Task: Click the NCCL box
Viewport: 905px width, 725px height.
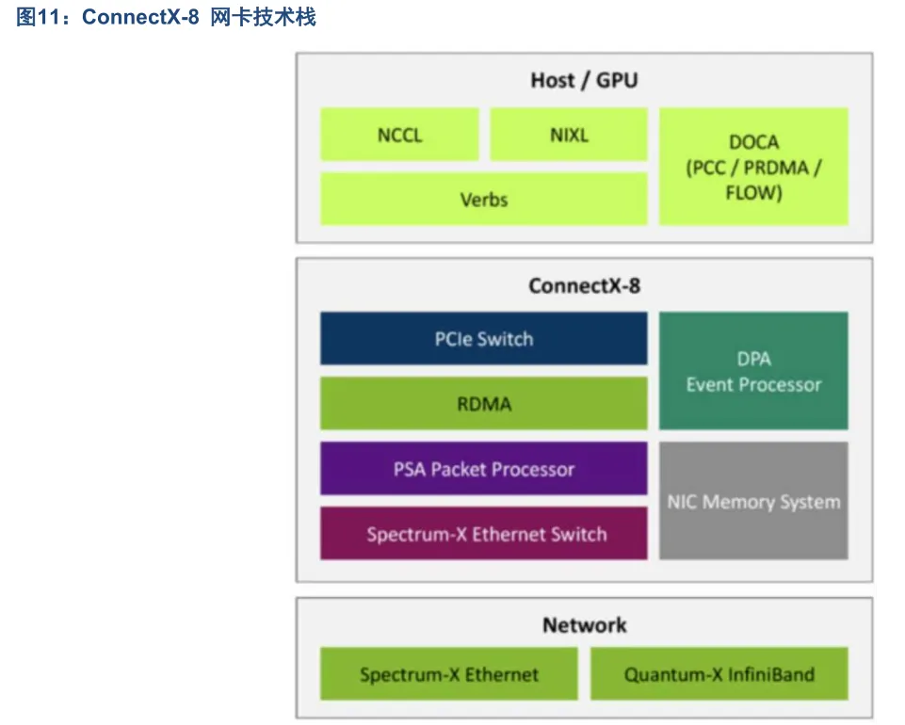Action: tap(399, 134)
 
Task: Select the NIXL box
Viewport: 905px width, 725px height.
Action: tap(569, 134)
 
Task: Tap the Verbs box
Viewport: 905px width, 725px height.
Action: tap(484, 199)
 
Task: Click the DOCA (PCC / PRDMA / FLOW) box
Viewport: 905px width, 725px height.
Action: tap(753, 167)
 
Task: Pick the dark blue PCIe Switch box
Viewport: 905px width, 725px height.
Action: tap(484, 338)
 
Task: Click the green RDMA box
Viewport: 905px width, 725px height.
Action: tap(484, 403)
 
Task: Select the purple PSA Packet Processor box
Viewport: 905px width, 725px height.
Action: tap(484, 468)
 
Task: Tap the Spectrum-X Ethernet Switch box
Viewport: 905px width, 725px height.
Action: tap(484, 533)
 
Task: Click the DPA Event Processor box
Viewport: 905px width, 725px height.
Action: tap(753, 371)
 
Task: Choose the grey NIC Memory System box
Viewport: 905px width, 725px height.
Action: tap(753, 501)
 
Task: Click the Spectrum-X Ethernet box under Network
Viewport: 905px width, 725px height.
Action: tap(449, 673)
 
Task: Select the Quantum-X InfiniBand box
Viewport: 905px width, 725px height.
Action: tap(719, 673)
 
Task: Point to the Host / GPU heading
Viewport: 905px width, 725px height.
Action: tap(584, 80)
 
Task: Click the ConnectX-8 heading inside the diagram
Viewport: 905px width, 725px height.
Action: tap(584, 285)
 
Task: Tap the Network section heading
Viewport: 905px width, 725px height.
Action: tap(584, 625)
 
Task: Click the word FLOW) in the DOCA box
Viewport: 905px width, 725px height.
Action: tap(753, 193)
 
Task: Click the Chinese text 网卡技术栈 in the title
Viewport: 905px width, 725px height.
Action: tap(263, 17)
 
